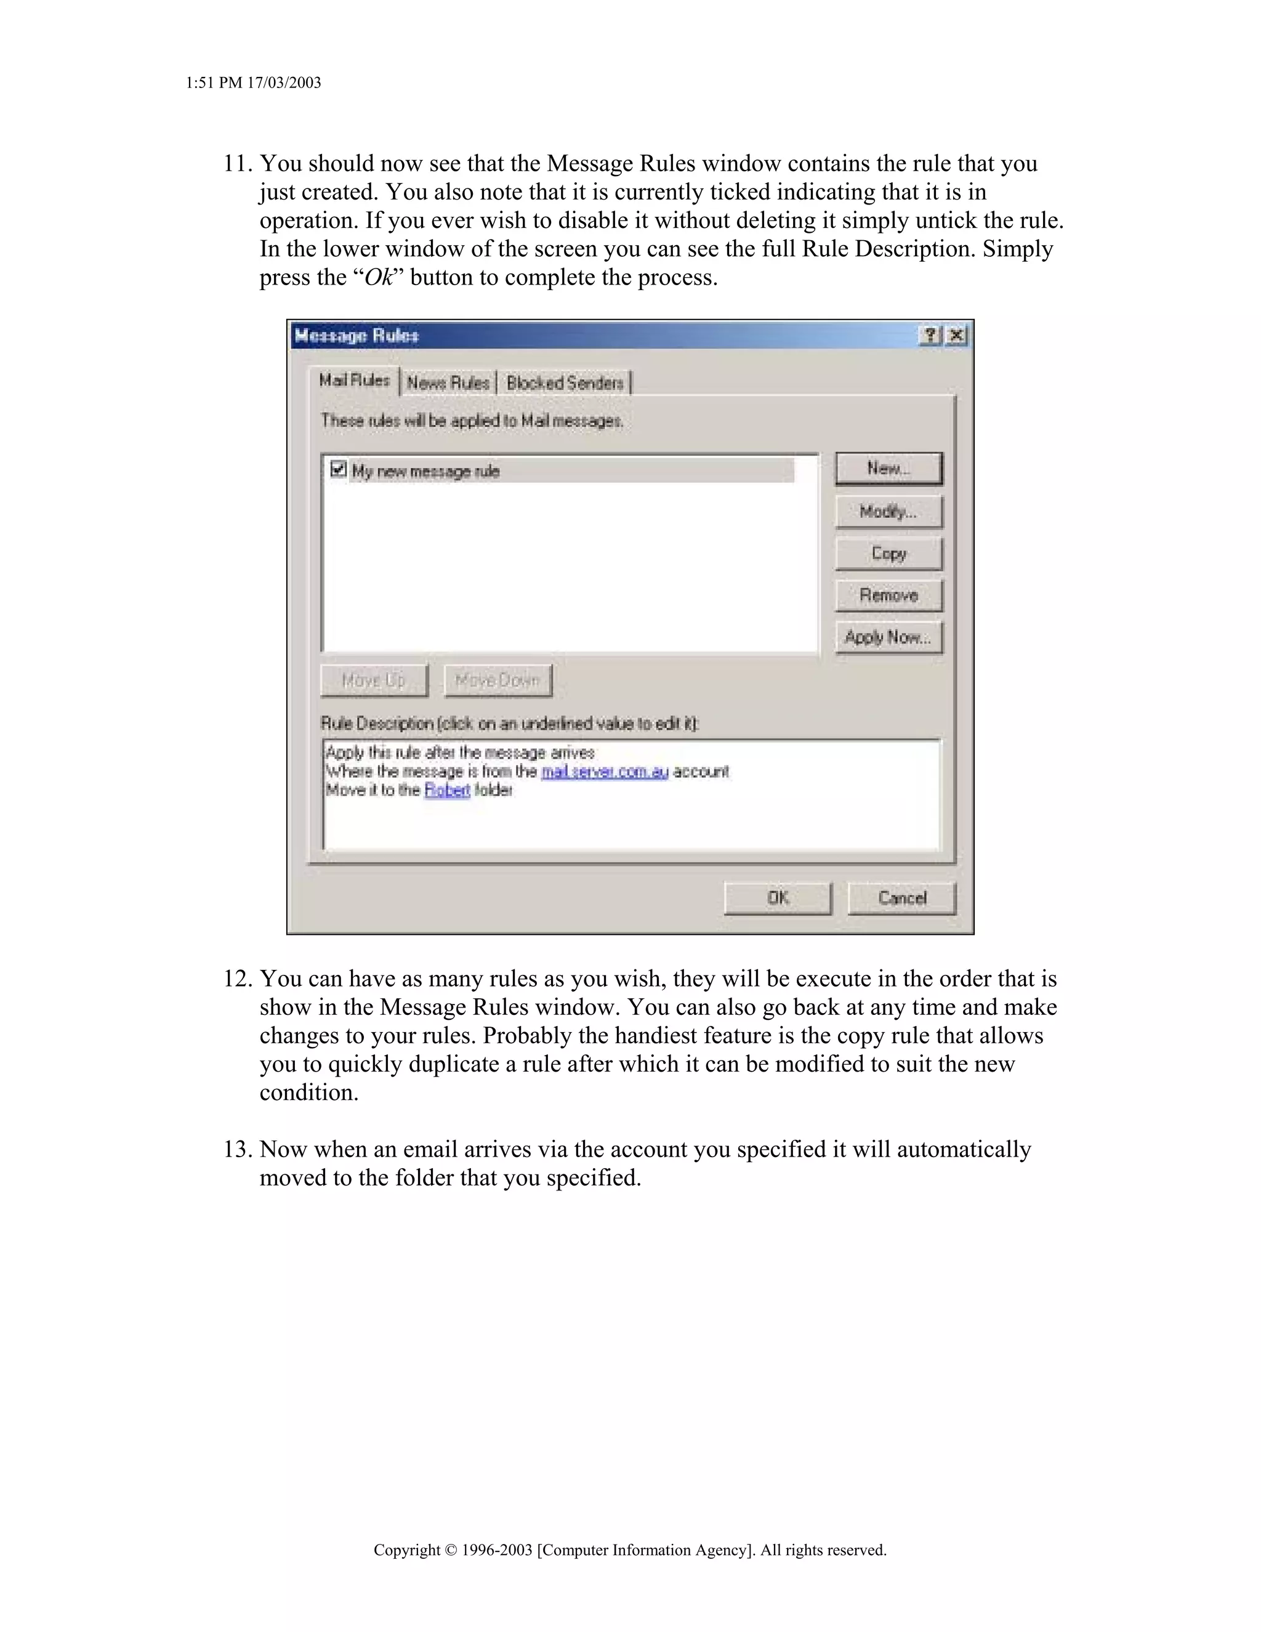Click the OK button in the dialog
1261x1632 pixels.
[x=777, y=897]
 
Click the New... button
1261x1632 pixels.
[x=888, y=469]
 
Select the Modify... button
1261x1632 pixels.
[x=888, y=512]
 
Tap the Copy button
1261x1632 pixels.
[x=888, y=554]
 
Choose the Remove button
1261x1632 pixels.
[x=888, y=596]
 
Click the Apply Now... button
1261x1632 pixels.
[x=888, y=637]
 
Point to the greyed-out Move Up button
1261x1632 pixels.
[x=374, y=680]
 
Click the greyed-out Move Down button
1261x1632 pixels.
[x=498, y=680]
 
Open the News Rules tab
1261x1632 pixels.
[x=448, y=382]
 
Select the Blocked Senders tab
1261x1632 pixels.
[x=565, y=382]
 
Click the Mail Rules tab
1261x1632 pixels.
[x=354, y=381]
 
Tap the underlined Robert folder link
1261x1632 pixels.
[x=447, y=790]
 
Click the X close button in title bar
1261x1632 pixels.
[x=956, y=336]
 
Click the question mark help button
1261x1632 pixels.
[x=929, y=336]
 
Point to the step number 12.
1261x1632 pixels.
[x=237, y=979]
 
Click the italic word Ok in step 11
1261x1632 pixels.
[x=379, y=277]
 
